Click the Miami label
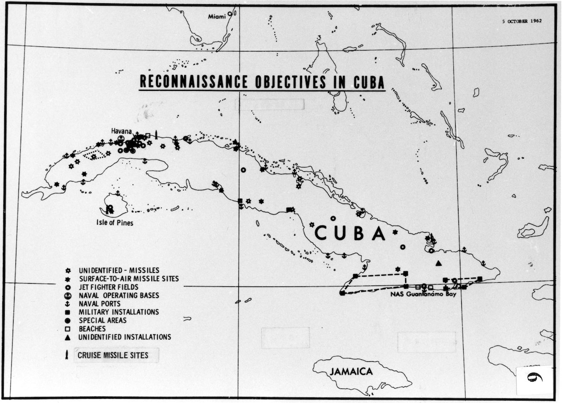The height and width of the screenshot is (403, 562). pyautogui.click(x=216, y=16)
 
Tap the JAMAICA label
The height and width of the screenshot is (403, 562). pyautogui.click(x=351, y=372)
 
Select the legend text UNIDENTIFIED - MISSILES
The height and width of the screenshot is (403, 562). pyautogui.click(x=119, y=270)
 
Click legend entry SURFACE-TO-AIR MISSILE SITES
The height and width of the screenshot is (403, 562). pyautogui.click(x=129, y=278)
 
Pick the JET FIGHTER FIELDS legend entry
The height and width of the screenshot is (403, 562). pyautogui.click(x=109, y=287)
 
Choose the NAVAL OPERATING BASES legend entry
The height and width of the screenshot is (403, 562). pyautogui.click(x=119, y=295)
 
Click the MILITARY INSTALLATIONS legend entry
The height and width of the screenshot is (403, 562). pyautogui.click(x=119, y=312)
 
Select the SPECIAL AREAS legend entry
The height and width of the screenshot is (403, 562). pyautogui.click(x=103, y=320)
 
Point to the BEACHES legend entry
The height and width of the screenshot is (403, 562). pyautogui.click(x=92, y=329)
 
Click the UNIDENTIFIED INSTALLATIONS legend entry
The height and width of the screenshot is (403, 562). pyautogui.click(x=125, y=337)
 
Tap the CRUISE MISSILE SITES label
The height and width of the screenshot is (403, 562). pyautogui.click(x=113, y=355)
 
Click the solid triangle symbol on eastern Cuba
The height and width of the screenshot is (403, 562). pyautogui.click(x=438, y=263)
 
